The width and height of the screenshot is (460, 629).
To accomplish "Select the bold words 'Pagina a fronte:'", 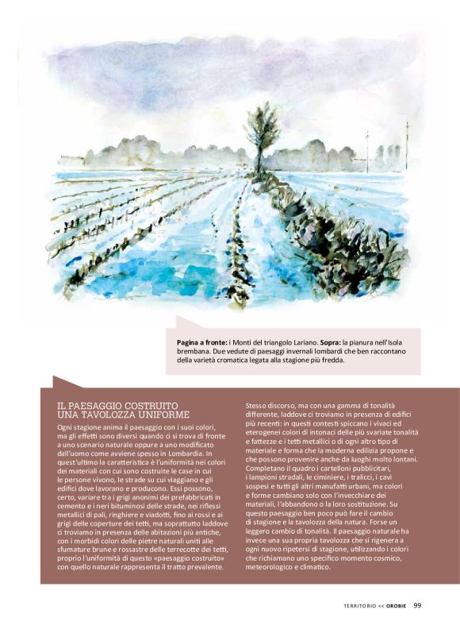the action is tap(202, 340).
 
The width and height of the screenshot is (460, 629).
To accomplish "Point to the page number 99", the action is tap(417, 605).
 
